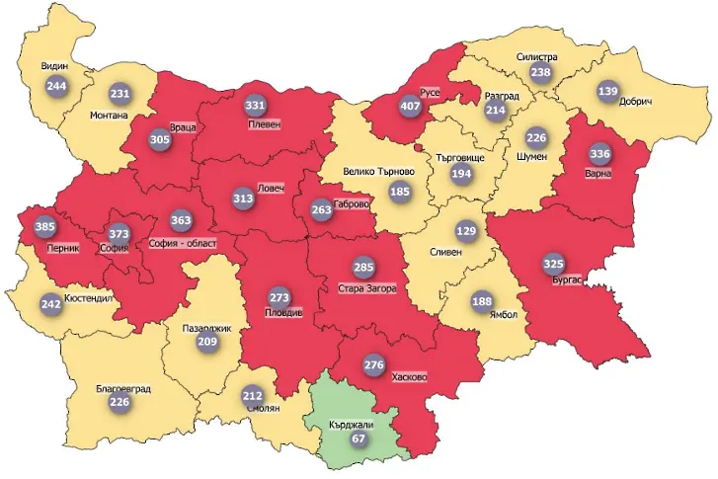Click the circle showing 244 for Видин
(56, 86)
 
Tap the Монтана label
(109, 115)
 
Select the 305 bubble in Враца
(159, 140)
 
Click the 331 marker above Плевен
(256, 105)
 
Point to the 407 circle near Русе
(410, 106)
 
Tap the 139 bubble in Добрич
(608, 92)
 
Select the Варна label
(598, 174)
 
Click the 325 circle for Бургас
(554, 264)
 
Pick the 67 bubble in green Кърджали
(358, 438)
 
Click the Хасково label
(409, 377)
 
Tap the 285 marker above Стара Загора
(364, 268)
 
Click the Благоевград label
(123, 389)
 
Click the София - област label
(182, 242)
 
